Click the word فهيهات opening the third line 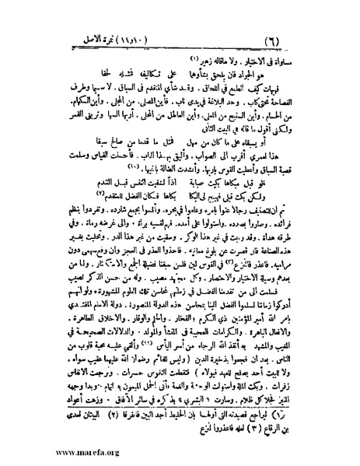coord(301,69)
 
